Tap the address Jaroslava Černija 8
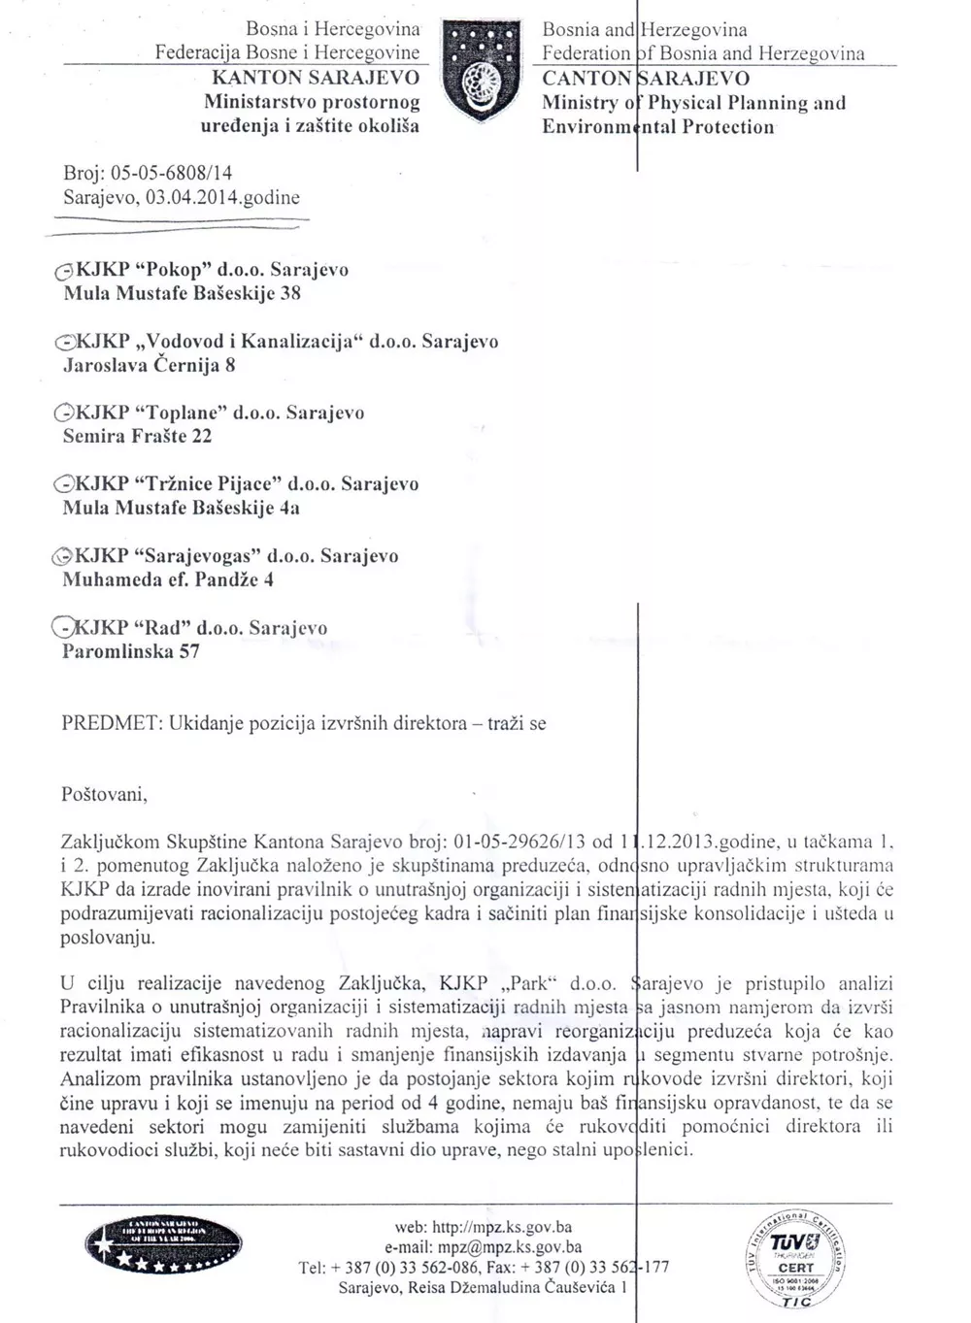149,366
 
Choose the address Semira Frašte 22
137,436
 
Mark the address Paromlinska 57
130,651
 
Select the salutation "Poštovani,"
104,795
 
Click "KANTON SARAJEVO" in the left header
316,78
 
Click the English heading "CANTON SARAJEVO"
646,78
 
